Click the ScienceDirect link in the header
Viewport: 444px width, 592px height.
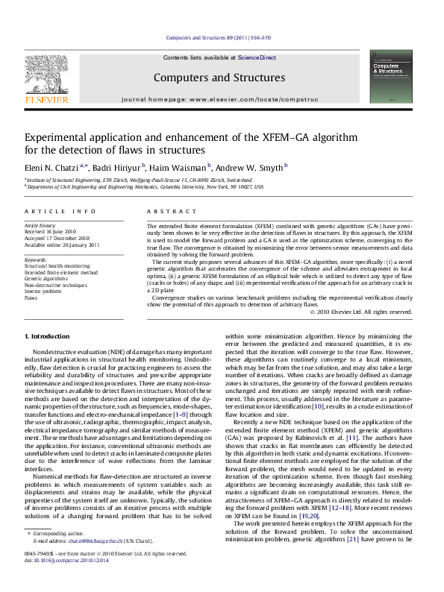coord(257,57)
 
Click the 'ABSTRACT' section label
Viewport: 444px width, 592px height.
coord(164,212)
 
